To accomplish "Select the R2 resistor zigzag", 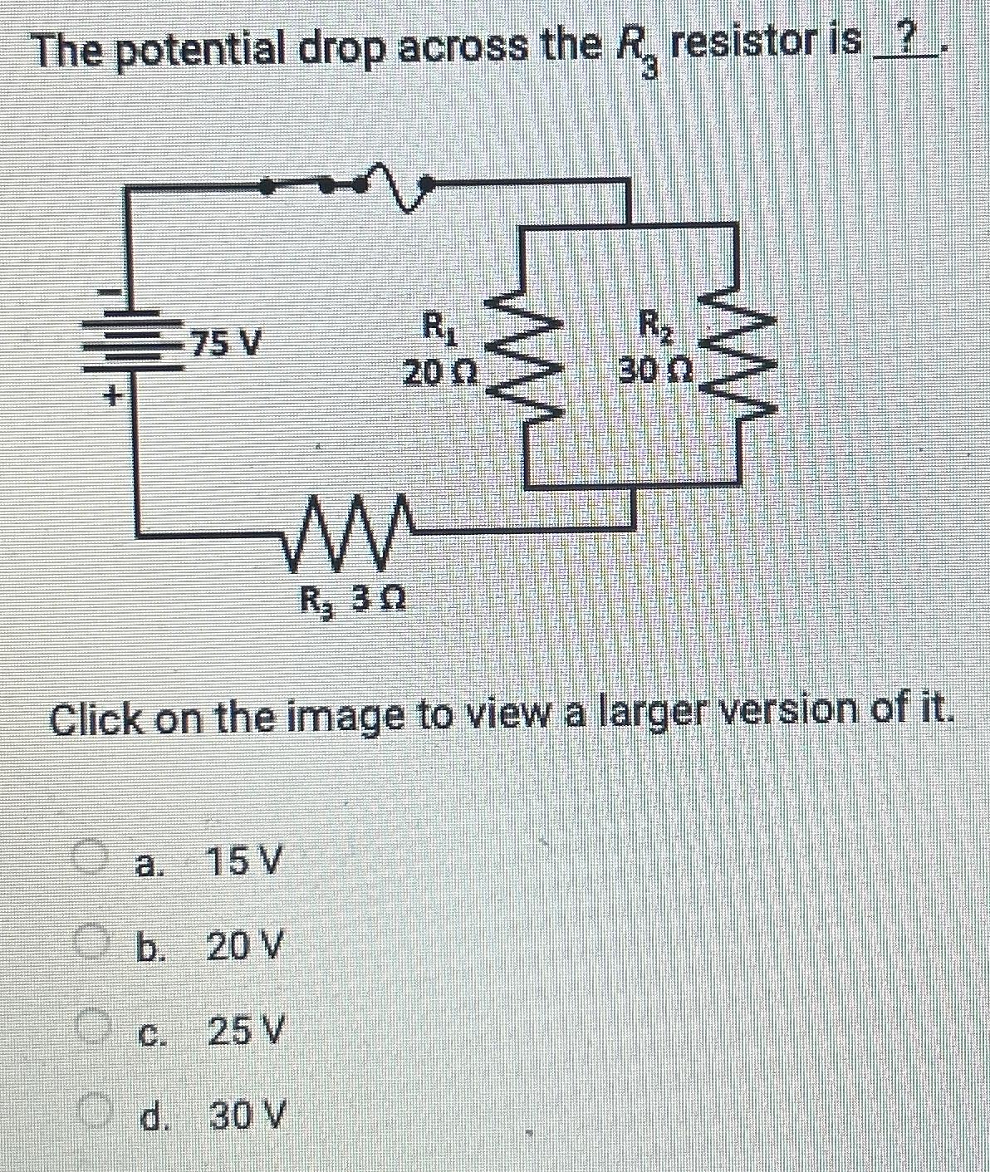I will pyautogui.click(x=736, y=357).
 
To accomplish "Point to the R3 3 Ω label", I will pyautogui.click(x=352, y=597).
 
